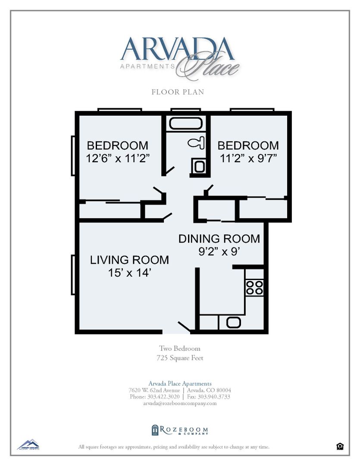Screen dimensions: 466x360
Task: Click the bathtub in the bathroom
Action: [186, 123]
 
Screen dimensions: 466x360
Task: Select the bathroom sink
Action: [199, 166]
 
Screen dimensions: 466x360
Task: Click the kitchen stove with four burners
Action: [254, 287]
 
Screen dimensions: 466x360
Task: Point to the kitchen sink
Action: [234, 322]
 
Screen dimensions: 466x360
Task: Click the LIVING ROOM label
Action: [129, 260]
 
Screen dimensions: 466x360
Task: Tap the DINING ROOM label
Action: [219, 239]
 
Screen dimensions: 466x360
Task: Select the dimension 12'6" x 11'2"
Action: [118, 158]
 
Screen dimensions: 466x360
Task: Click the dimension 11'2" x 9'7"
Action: [248, 158]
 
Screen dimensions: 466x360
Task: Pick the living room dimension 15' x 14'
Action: [129, 273]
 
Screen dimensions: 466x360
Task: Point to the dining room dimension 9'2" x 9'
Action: [219, 252]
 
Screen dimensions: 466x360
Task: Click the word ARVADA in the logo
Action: [178, 49]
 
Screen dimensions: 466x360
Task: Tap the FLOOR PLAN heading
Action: [178, 92]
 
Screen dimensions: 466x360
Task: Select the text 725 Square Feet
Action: [180, 358]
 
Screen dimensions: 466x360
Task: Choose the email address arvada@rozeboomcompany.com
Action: [180, 403]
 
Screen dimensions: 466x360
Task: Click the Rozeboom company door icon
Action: [155, 430]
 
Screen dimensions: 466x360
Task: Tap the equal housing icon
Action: [340, 447]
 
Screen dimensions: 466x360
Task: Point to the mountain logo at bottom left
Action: [28, 444]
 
